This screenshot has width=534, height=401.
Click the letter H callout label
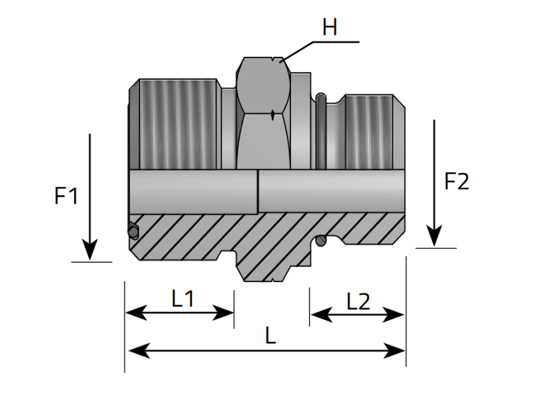click(329, 27)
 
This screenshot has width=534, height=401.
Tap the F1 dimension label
click(67, 196)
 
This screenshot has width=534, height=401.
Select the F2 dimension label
click(457, 182)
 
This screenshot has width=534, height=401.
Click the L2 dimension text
click(358, 301)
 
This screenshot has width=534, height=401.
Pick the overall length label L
click(270, 336)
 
